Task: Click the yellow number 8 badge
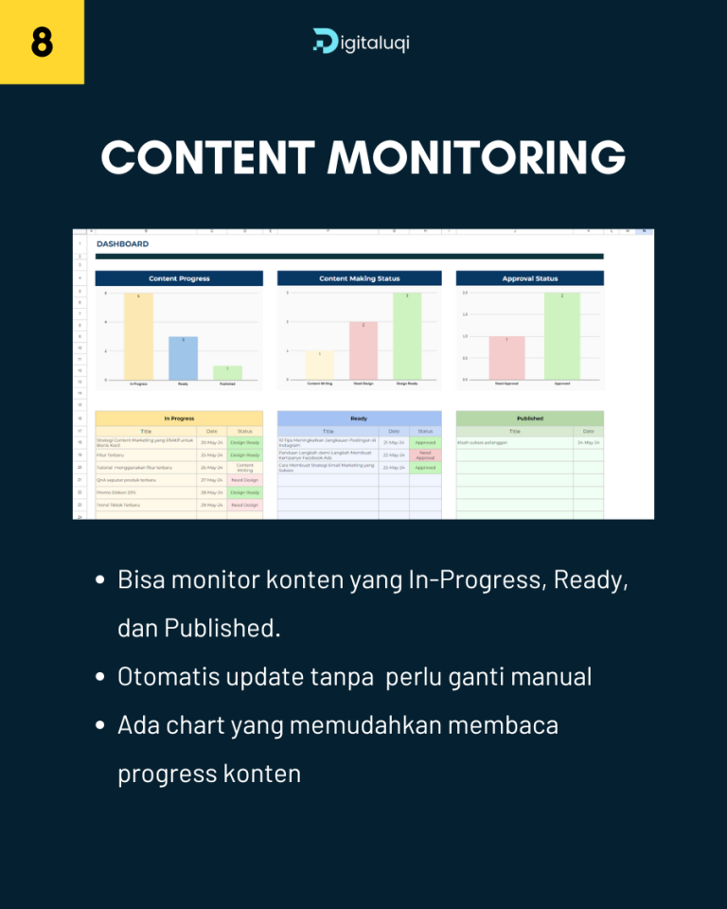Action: point(42,42)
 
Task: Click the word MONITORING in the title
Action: point(476,157)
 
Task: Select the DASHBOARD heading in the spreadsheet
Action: point(122,244)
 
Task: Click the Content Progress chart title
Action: point(179,278)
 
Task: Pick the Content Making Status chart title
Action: point(359,278)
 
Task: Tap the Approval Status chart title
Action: point(529,278)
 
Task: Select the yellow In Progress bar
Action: point(138,336)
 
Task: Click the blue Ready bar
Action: point(183,358)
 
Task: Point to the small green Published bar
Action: point(227,372)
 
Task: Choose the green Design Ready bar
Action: point(407,336)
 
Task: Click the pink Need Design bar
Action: point(363,350)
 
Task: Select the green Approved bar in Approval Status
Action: point(561,336)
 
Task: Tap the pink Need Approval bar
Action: point(506,358)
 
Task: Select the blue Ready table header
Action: point(359,418)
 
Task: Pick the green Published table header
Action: point(529,418)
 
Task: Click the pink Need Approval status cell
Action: point(425,454)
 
